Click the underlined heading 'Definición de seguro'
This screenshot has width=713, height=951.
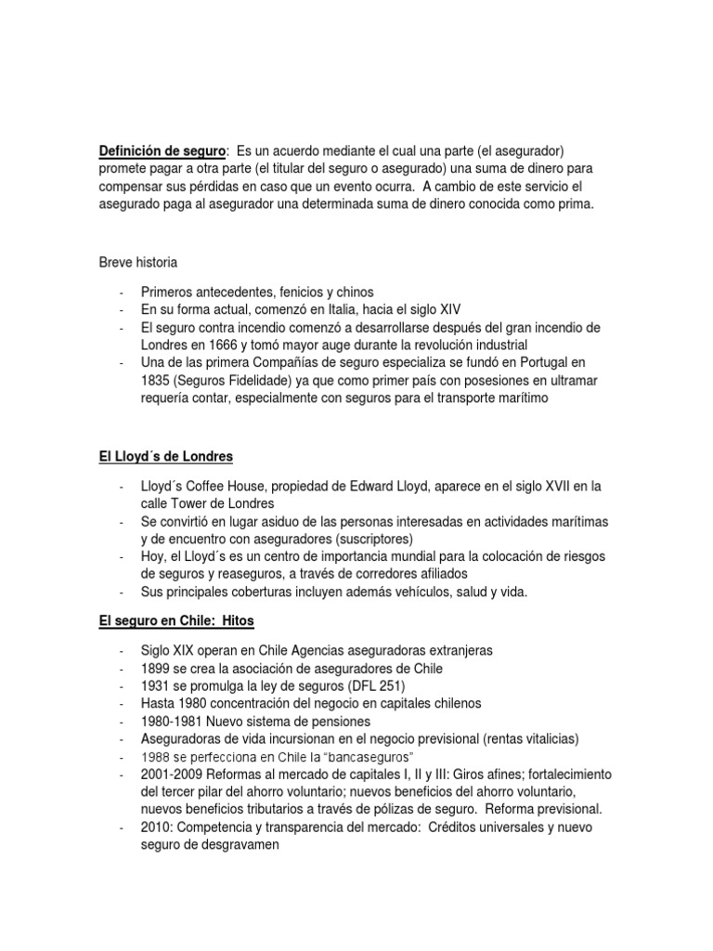pyautogui.click(x=162, y=150)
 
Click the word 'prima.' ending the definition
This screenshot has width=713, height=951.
pyautogui.click(x=572, y=202)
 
